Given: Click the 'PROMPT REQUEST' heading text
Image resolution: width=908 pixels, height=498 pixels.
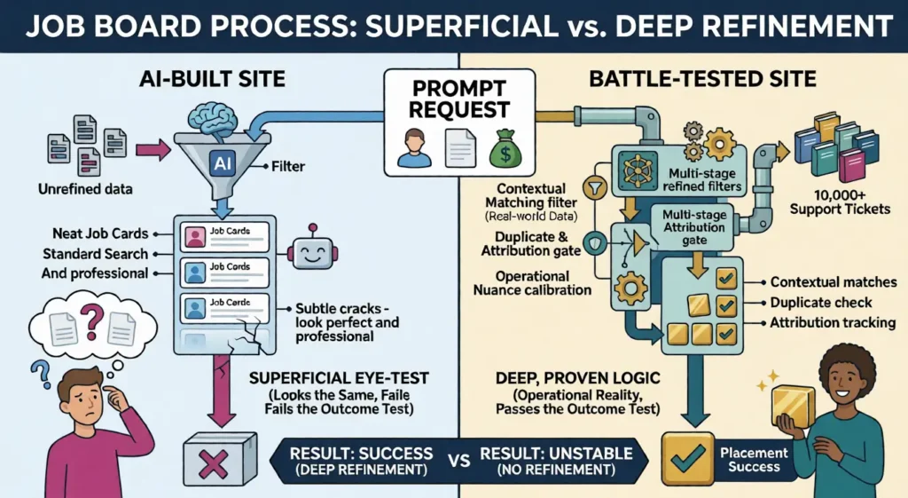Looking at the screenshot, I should [460, 100].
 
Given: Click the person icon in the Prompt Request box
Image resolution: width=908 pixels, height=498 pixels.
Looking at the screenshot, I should [413, 146].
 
